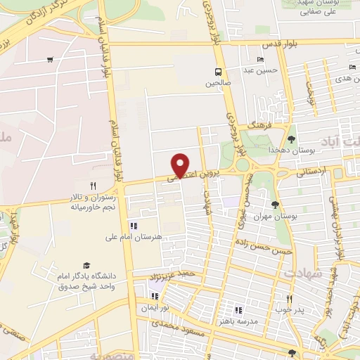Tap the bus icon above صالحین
tap(218, 71)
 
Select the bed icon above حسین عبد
tap(261, 60)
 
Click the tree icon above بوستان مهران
tap(275, 205)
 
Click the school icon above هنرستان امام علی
tap(132, 226)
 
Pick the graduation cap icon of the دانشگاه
tap(86, 265)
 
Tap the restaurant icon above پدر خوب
tap(288, 298)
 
